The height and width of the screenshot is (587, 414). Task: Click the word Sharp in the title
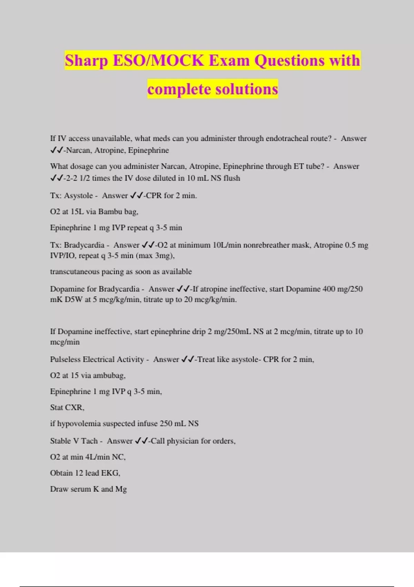pyautogui.click(x=86, y=61)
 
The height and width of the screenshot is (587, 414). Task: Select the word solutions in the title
pyautogui.click(x=246, y=89)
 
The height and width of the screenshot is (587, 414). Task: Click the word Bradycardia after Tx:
pyautogui.click(x=84, y=245)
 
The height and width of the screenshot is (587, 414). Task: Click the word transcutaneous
pyautogui.click(x=75, y=272)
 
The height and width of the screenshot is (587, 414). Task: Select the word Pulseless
pyautogui.click(x=65, y=359)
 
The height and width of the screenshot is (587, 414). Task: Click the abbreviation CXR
pyautogui.click(x=75, y=408)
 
